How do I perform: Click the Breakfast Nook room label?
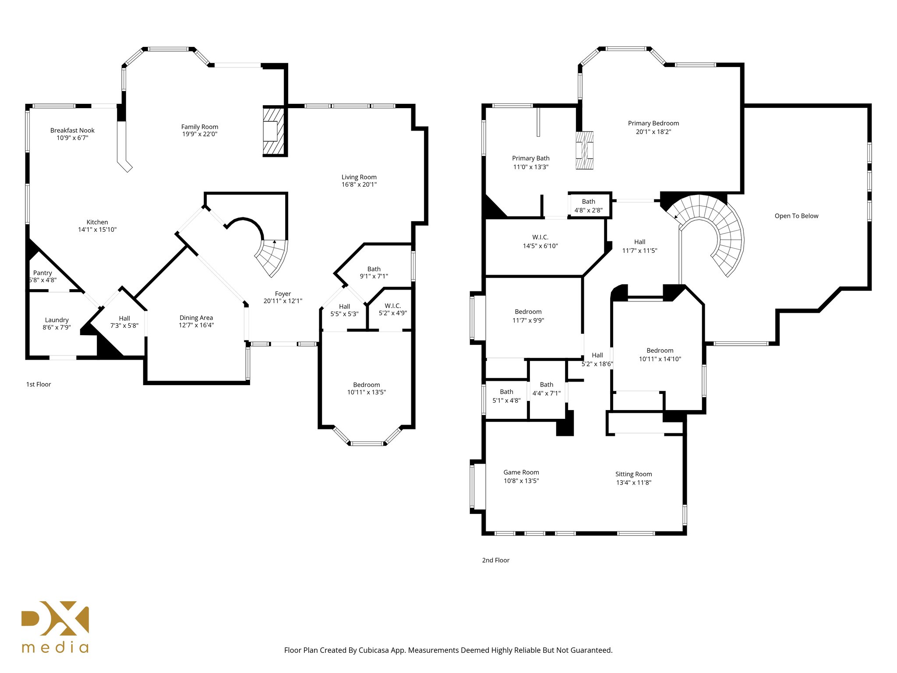[72, 130]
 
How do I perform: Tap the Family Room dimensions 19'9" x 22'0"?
[200, 134]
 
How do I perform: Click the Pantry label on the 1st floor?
[42, 273]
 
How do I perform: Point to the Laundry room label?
[57, 320]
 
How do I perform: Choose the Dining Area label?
[196, 318]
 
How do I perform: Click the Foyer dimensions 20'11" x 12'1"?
[283, 301]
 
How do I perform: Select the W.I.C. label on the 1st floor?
[393, 306]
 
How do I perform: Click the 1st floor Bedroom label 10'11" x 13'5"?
[367, 385]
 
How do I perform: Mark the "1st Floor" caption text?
[39, 384]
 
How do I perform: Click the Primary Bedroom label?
[653, 123]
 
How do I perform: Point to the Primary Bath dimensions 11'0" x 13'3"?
[531, 167]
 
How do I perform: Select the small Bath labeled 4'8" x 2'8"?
[589, 205]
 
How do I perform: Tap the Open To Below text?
[796, 216]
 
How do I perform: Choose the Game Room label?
[521, 472]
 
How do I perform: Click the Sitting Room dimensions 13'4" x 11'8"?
[634, 482]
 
